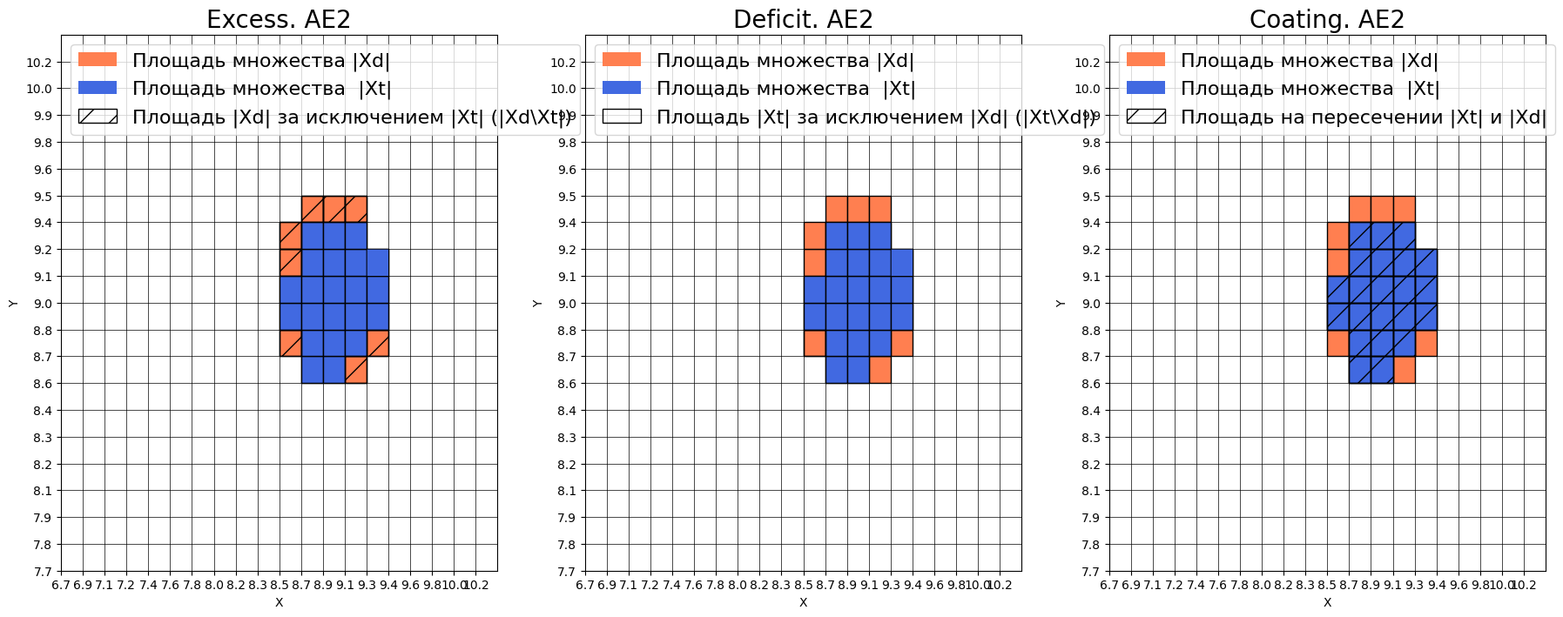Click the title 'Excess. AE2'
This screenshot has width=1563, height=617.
click(279, 19)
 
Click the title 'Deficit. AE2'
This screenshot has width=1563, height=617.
click(803, 19)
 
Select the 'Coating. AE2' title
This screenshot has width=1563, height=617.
click(1326, 19)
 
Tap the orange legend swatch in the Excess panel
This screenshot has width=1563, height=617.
click(98, 60)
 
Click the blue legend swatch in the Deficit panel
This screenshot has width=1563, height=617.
click(622, 88)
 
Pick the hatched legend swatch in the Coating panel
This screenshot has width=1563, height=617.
click(1146, 117)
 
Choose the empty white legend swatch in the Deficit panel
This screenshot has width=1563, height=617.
click(622, 117)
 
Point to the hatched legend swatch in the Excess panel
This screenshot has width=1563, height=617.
click(98, 117)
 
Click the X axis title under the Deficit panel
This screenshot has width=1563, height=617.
click(803, 602)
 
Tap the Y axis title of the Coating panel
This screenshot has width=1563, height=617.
click(1061, 303)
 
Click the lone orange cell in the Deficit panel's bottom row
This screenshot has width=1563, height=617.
click(880, 370)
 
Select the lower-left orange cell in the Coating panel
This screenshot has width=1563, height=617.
click(1338, 343)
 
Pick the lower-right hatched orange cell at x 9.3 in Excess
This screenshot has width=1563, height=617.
click(378, 343)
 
